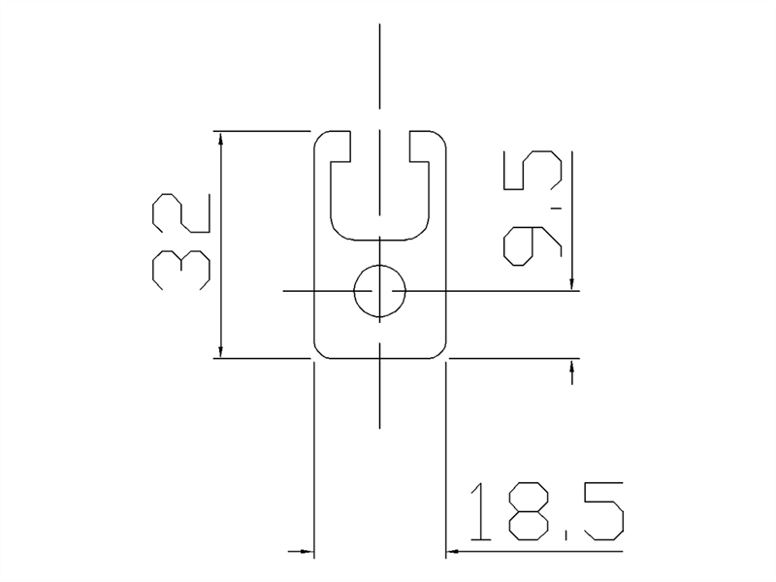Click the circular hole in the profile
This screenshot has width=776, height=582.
pyautogui.click(x=379, y=290)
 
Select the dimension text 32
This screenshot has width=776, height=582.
pyautogui.click(x=181, y=242)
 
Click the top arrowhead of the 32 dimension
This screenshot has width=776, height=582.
pyautogui.click(x=222, y=140)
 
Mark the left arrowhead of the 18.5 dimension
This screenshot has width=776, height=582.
pyautogui.click(x=306, y=552)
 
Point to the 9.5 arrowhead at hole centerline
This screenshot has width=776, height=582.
pyautogui.click(x=573, y=282)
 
